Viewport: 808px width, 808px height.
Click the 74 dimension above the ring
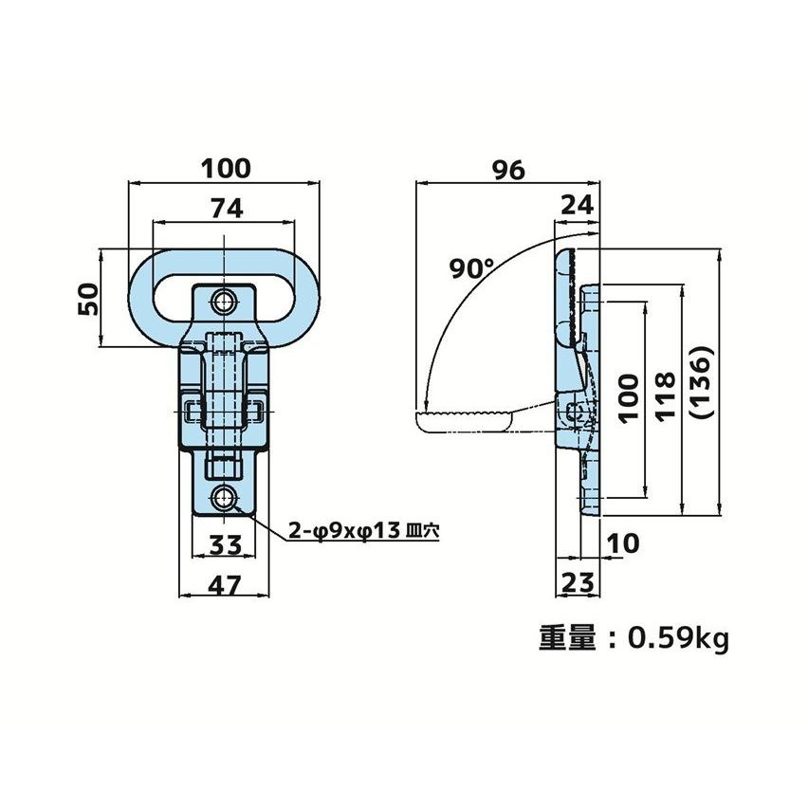click(x=227, y=209)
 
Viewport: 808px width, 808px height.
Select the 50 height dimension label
click(x=87, y=299)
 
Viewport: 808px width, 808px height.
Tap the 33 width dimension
click(x=226, y=544)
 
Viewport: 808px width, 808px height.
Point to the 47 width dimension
click(x=225, y=585)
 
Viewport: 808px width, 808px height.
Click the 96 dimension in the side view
click(x=508, y=170)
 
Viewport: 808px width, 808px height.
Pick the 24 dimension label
click(x=578, y=206)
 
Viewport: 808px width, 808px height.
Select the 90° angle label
click(x=471, y=268)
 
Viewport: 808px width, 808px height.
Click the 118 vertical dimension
click(x=665, y=396)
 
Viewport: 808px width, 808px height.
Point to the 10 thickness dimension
click(x=623, y=543)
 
